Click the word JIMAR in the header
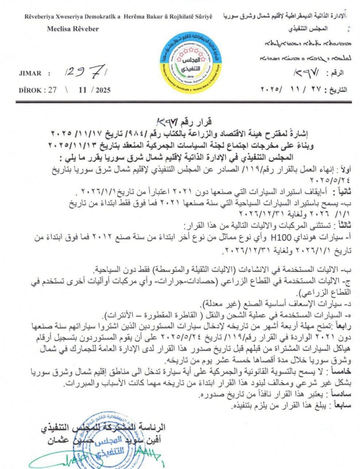[29, 73]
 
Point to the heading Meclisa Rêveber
[73, 29]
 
